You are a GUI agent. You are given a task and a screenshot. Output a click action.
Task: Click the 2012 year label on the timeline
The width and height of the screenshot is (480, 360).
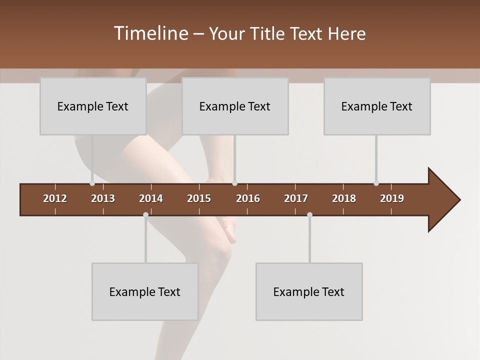pyautogui.click(x=55, y=198)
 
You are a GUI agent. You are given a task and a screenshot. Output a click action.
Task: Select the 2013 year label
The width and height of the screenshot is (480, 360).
pyautogui.click(x=103, y=198)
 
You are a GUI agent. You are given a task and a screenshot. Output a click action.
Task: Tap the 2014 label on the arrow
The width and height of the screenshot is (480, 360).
pyautogui.click(x=151, y=198)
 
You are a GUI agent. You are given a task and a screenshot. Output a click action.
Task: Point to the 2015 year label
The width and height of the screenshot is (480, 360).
pyautogui.click(x=199, y=198)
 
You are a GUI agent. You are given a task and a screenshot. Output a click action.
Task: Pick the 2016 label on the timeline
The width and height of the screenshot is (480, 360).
pyautogui.click(x=248, y=198)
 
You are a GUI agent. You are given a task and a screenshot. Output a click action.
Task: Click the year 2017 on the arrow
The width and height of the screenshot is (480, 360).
pyautogui.click(x=296, y=198)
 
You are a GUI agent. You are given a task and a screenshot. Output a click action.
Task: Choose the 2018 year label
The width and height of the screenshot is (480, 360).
pyautogui.click(x=344, y=198)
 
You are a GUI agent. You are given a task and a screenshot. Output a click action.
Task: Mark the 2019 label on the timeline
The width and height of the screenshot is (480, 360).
pyautogui.click(x=392, y=198)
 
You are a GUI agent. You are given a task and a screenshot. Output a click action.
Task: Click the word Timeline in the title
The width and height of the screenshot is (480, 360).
pyautogui.click(x=150, y=33)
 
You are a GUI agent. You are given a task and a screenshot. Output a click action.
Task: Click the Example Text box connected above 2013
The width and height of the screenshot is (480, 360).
pyautogui.click(x=93, y=106)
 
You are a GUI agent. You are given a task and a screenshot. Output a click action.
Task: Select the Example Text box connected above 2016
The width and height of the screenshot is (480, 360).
pyautogui.click(x=235, y=106)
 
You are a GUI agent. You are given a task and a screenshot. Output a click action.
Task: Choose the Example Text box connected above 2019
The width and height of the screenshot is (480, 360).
pyautogui.click(x=377, y=106)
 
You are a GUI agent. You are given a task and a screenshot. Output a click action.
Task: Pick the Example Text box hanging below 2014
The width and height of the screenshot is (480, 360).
pyautogui.click(x=145, y=291)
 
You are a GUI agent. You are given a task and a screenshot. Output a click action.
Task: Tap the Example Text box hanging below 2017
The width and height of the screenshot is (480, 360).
pyautogui.click(x=309, y=291)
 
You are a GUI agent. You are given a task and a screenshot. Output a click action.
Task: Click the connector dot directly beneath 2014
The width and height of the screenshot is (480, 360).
pyautogui.click(x=145, y=214)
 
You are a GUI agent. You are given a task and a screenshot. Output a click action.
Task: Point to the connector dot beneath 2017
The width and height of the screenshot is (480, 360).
pyautogui.click(x=309, y=214)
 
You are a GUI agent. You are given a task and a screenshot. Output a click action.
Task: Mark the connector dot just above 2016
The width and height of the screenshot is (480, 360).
pyautogui.click(x=234, y=183)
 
